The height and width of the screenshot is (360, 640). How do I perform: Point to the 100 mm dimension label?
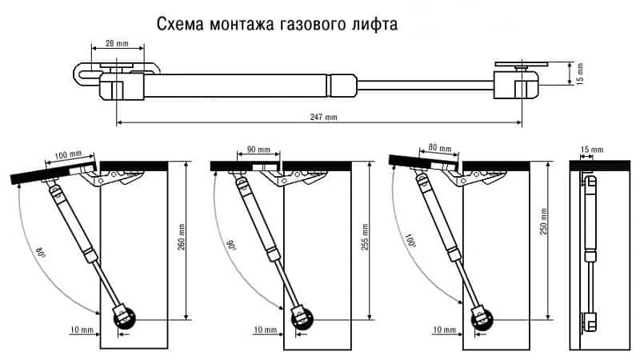coord(69,153)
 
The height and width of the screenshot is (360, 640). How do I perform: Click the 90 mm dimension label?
coord(258,150)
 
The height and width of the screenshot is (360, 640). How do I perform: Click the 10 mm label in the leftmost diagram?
coord(81,330)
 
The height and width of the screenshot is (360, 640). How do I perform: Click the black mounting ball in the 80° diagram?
coord(126,319)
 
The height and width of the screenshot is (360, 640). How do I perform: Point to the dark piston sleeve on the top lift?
coord(342,82)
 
